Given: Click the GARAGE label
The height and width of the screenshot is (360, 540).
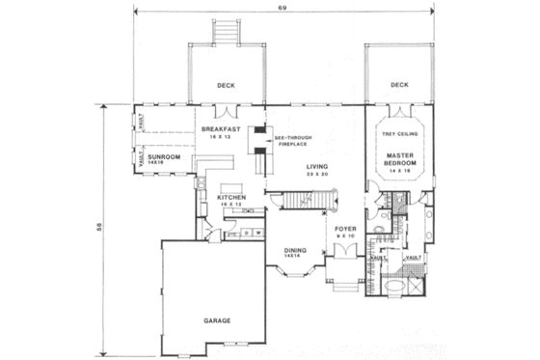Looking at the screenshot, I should point(216,318).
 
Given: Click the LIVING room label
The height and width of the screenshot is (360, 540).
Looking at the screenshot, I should point(317,165).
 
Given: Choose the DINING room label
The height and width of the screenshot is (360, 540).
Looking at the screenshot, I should point(295,249).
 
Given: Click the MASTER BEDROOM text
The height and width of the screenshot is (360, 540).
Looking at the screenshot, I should point(400,159).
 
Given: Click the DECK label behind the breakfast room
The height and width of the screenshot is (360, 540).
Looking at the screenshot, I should point(227,85).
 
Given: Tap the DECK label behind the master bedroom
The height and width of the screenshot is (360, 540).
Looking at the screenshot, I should point(400,85).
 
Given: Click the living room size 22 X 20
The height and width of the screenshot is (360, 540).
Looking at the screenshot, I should point(317,173).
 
